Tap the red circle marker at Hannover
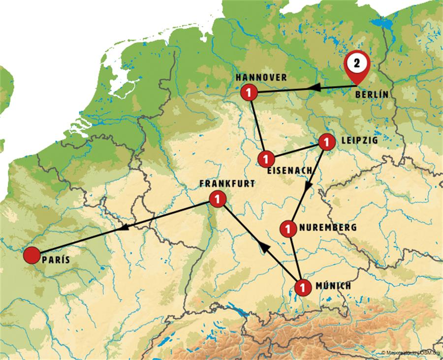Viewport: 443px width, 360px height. coord(250,92)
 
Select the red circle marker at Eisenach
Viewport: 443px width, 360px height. coord(266,159)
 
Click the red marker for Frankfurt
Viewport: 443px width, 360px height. coord(217,199)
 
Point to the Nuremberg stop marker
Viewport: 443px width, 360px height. coord(287,229)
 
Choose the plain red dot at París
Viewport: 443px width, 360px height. coord(32,255)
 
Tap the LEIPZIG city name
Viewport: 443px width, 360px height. coord(359,140)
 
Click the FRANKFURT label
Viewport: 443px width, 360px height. coord(227,183)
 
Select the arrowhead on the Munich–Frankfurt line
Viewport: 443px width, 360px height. coord(264,249)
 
